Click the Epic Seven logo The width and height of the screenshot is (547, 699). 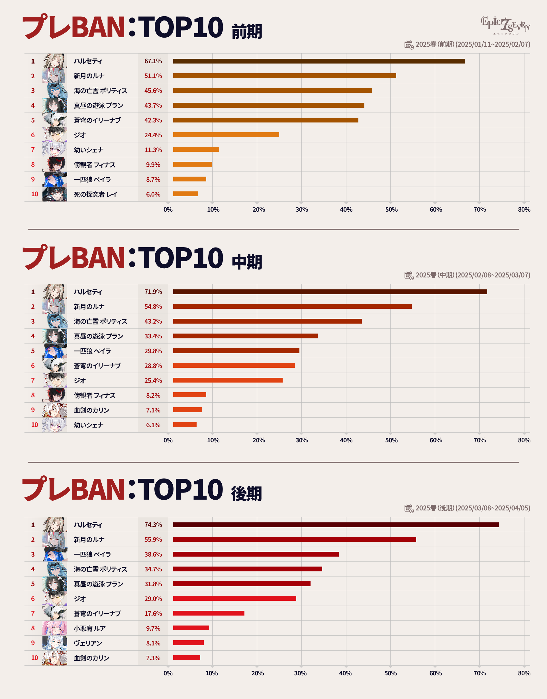[505, 25]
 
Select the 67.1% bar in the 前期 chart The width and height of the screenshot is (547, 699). [319, 61]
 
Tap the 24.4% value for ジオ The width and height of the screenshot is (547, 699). [153, 135]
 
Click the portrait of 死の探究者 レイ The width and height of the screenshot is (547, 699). [55, 194]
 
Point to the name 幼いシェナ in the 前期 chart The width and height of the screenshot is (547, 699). [88, 150]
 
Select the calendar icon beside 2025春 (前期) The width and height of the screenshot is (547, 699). [409, 44]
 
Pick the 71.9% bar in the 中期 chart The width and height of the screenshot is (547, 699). [330, 292]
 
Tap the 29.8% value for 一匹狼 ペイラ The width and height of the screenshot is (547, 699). [153, 351]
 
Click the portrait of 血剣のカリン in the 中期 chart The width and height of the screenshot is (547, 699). [55, 410]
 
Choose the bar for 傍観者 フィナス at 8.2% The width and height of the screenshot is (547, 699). [189, 395]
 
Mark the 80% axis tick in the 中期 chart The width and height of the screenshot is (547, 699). [524, 440]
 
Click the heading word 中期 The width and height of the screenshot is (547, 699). [247, 262]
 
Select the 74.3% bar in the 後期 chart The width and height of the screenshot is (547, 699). [336, 525]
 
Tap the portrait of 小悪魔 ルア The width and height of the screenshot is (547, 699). [55, 628]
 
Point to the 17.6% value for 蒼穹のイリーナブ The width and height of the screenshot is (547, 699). [153, 614]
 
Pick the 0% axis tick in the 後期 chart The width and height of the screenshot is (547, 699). [168, 673]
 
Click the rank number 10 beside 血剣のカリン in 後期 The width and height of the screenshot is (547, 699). [34, 658]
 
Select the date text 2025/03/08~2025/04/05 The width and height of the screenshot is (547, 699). [493, 508]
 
